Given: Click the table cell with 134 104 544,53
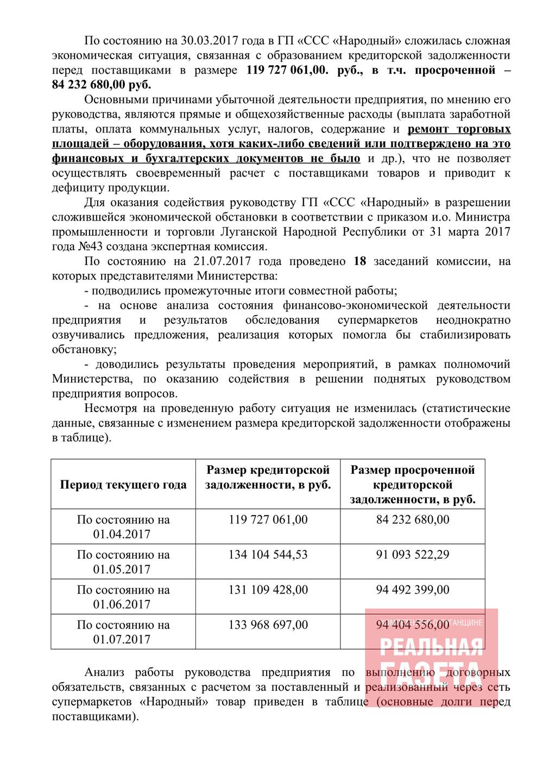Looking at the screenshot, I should click(268, 555).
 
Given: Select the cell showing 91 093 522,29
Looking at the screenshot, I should click(413, 555).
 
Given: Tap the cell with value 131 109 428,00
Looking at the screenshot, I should click(268, 590).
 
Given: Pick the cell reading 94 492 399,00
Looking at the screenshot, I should click(413, 590).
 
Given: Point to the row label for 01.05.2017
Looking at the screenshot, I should click(123, 562).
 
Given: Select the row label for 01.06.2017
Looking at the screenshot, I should click(123, 597).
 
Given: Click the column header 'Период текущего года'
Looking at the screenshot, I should click(123, 485).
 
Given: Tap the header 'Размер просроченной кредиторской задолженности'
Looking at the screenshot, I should click(413, 485).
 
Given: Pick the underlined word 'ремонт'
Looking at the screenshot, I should click(429, 129).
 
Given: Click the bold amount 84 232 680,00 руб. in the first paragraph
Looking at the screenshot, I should click(102, 85).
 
